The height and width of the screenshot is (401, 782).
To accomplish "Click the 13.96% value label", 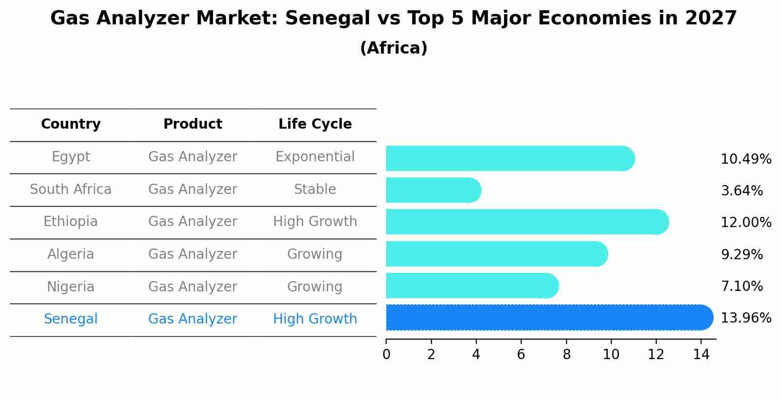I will point(745,318).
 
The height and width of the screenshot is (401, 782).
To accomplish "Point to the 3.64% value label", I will point(742,191).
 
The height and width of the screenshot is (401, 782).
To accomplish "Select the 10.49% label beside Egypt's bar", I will point(745,159).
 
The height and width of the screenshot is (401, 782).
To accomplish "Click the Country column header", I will point(71,124).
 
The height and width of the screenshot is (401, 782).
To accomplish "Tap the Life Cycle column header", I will point(315,124).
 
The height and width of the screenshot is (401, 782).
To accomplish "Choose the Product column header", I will point(193,124).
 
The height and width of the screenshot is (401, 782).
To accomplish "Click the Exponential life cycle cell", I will point(315,157).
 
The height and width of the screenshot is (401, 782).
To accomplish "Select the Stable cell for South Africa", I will point(315,190).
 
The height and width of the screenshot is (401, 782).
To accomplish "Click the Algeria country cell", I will point(71,254).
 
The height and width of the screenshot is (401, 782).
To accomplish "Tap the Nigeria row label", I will point(71,287).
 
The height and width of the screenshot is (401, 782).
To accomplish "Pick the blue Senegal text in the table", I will point(71,319).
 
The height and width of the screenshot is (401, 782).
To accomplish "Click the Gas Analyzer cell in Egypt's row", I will point(193,157).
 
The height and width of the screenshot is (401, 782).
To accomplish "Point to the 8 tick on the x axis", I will point(566,355).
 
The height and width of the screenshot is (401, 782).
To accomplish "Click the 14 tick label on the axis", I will point(701,355).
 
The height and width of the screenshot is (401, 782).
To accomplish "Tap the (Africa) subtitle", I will point(393,48).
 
